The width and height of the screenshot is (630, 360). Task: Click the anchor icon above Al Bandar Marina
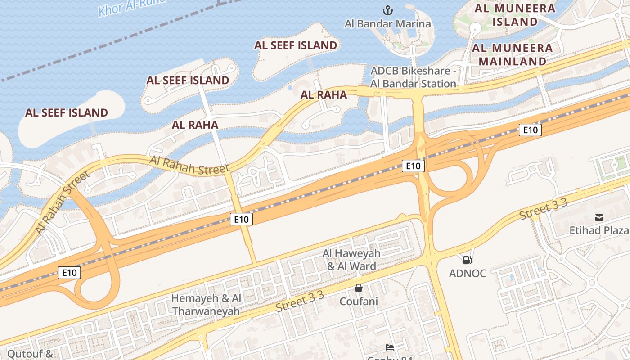[x=387, y=10]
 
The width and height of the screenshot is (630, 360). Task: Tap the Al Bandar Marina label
[x=387, y=24]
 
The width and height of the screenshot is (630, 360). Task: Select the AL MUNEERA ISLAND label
[x=515, y=15]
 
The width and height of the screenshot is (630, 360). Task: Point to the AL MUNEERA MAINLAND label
[x=512, y=54]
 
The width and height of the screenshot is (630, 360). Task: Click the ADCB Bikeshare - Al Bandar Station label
[x=413, y=77]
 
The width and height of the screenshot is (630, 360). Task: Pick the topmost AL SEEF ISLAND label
[x=296, y=45]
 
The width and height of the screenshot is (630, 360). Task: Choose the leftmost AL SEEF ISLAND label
[x=67, y=112]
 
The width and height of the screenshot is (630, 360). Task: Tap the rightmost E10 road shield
[x=530, y=130]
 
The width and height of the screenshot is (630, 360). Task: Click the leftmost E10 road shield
[x=69, y=272]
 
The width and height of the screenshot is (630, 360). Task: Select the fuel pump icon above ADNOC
[x=467, y=260]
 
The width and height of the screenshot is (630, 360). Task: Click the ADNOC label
[x=468, y=273]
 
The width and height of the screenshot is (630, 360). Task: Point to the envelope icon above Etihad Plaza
[x=599, y=218]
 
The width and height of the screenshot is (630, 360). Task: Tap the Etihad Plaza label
[x=599, y=230]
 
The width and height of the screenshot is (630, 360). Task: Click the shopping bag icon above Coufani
[x=359, y=288]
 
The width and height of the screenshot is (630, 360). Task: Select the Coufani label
[x=359, y=301]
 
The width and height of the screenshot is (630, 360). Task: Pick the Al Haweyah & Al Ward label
[x=351, y=260]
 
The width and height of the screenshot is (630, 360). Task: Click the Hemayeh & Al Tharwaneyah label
[x=206, y=305]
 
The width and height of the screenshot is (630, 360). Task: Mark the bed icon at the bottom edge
[x=390, y=347]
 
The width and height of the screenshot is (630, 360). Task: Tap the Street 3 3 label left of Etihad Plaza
[x=543, y=209]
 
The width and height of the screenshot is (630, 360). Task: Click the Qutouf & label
[x=30, y=354]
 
